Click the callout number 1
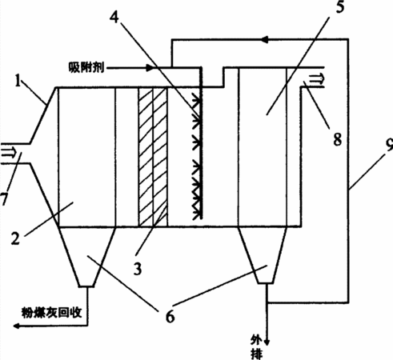[18, 81]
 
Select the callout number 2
[15, 238]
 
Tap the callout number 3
[138, 269]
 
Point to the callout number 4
[114, 18]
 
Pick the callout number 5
[340, 6]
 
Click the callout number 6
[170, 317]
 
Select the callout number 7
[3, 199]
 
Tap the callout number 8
[338, 139]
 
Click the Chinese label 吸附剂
[86, 67]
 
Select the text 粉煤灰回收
[51, 312]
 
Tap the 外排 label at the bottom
[257, 346]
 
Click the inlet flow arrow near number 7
[8, 154]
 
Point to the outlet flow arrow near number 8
[316, 79]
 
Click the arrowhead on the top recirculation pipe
[265, 40]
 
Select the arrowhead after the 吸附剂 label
[150, 68]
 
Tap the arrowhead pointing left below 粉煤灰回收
[17, 326]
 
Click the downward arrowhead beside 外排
[267, 342]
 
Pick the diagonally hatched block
[153, 158]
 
